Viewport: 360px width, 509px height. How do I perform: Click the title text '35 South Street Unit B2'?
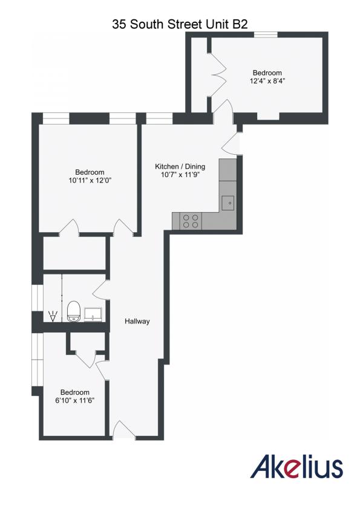coord(180,25)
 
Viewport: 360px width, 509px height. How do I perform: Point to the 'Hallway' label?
coord(137,322)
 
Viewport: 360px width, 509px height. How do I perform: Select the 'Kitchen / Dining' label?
coord(180,167)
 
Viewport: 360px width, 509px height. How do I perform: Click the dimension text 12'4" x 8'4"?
coord(267,80)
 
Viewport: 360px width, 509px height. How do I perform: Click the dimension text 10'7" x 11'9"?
coord(180,176)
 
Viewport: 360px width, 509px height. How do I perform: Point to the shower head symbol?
coord(53,316)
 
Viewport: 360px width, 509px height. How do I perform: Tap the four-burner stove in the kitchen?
coord(191,221)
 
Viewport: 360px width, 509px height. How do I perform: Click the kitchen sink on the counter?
coord(228,203)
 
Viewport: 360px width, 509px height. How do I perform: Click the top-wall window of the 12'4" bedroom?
coord(266,35)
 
